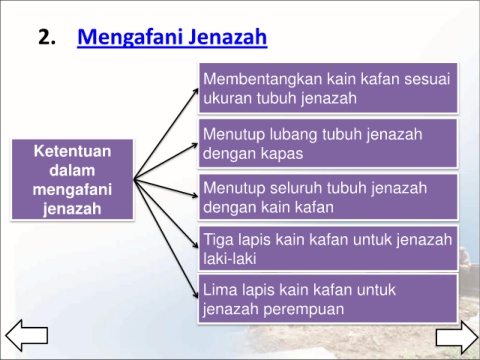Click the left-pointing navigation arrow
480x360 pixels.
click(27, 335)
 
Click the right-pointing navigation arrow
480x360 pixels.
click(457, 337)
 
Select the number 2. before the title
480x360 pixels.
click(47, 37)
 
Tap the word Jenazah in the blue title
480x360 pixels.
click(227, 37)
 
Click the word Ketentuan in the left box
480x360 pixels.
click(72, 151)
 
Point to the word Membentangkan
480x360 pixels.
click(262, 80)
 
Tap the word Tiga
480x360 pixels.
click(218, 241)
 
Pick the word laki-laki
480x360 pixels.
click(230, 259)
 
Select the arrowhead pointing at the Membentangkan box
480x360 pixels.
click(195, 92)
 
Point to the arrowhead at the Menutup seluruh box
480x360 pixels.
click(194, 195)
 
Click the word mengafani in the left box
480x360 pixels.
click(72, 190)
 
